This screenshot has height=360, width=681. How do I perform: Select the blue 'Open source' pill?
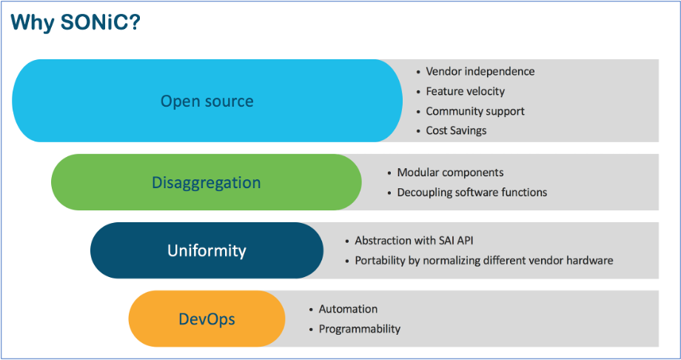[x=207, y=101]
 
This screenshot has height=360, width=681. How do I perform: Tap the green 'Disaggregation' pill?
[x=206, y=182]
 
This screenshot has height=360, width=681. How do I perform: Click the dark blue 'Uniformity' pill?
[x=207, y=250]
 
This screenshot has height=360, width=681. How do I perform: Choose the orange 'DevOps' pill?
[x=207, y=319]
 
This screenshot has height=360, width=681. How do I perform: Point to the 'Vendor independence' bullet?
[x=480, y=71]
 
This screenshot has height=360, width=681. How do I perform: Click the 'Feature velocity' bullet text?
[x=465, y=91]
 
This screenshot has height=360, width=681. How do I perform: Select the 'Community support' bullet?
[x=474, y=111]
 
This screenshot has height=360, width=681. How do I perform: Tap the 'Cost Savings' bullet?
[x=456, y=130]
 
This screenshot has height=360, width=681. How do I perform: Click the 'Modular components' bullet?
[x=450, y=173]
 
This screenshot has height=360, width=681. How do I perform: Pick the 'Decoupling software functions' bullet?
[x=472, y=192]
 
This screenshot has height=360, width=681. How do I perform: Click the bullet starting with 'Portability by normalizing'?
[x=483, y=261]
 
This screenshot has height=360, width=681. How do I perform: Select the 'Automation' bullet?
[x=348, y=309]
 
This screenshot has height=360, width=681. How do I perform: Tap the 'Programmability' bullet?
[x=359, y=329]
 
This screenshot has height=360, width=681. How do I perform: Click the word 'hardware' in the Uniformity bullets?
[x=588, y=261]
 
